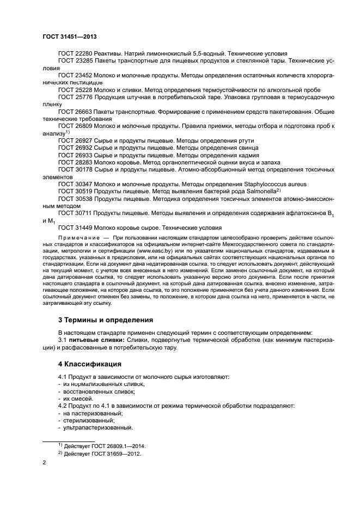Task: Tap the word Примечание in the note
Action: click(76, 239)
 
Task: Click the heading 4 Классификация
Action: click(90, 364)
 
